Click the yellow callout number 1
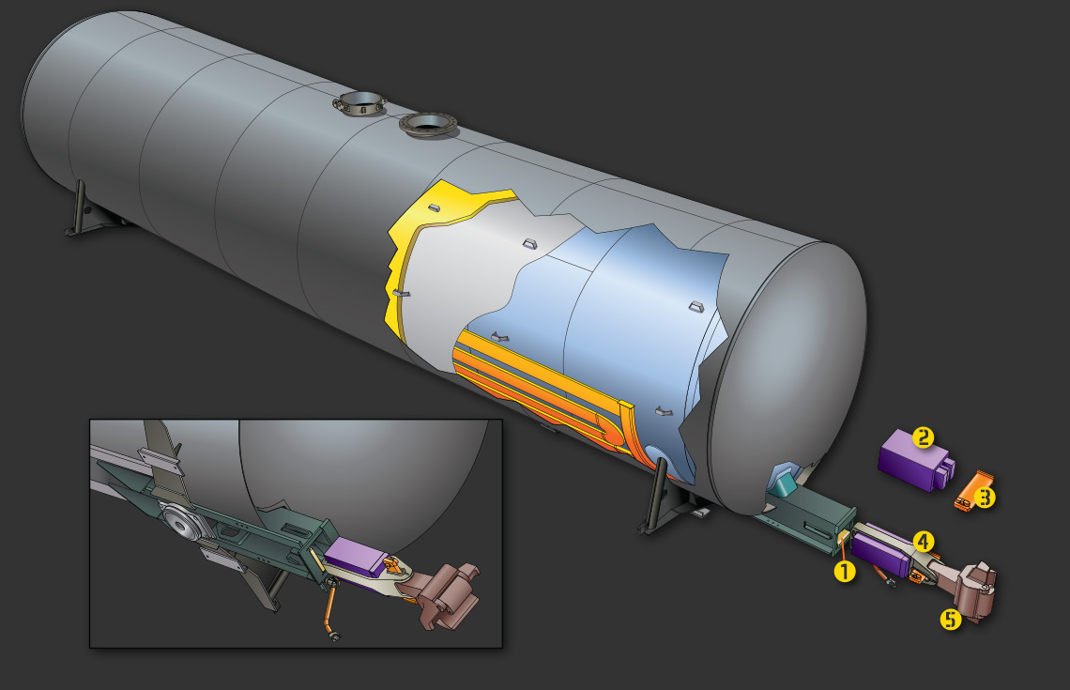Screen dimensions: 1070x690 (844, 571)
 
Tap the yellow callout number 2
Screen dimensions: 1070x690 (923, 437)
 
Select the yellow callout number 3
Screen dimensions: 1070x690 (984, 498)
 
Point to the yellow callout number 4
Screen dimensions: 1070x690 (923, 542)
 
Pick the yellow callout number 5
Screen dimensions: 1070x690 (950, 619)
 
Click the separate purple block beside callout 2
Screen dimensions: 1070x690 (914, 461)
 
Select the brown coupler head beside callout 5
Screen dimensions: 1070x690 (972, 591)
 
